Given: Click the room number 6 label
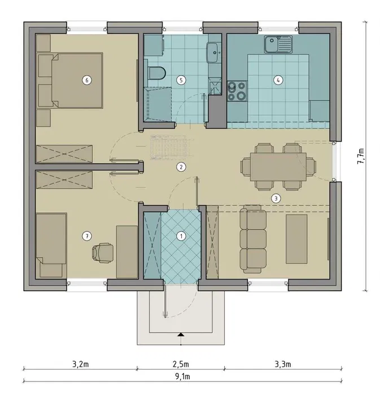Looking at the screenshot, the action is tap(87, 80).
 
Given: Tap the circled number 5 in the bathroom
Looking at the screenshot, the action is tap(181, 80).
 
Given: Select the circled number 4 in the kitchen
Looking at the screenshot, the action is tap(278, 80).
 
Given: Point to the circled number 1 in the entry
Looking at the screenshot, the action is tap(181, 236).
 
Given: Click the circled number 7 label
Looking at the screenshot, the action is tap(87, 236).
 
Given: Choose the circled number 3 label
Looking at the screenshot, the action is tap(276, 199).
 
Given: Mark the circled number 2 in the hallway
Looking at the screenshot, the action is tap(181, 167).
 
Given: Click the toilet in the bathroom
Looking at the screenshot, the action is tap(156, 73).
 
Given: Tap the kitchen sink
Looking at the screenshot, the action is tap(278, 45).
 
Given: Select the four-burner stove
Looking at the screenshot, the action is tap(237, 91).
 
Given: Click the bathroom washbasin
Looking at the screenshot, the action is tap(212, 52).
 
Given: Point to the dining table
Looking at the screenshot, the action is tap(278, 166).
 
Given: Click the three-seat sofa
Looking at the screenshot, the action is tap(253, 239).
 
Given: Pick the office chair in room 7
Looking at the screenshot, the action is tap(103, 253).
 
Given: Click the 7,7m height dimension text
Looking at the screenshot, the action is tap(361, 156).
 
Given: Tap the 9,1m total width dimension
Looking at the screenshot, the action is tap(182, 376).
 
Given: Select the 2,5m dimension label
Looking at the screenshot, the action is tap(181, 365).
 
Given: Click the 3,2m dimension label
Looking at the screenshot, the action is tap(80, 365).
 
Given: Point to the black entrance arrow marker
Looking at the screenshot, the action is tap(181, 335).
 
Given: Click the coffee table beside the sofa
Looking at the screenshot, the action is tap(296, 239).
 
